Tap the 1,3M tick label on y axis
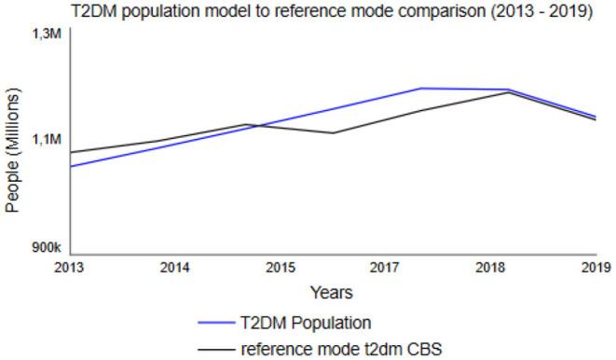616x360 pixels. pos(46,34)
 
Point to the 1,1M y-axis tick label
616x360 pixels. pos(46,139)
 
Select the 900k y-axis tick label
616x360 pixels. pos(46,247)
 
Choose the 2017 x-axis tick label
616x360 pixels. pos(385,269)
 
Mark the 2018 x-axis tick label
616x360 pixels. pos(490,269)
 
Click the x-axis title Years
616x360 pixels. pos(332,293)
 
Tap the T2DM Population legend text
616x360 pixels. pos(306,324)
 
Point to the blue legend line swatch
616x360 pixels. pos(221,324)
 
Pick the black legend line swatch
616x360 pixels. pos(221,349)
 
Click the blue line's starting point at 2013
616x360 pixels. pos(71,166)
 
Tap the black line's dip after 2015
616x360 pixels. pos(333,132)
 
